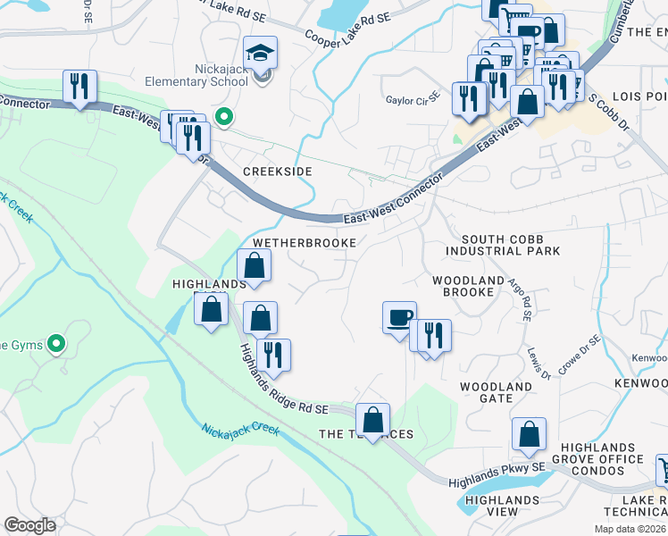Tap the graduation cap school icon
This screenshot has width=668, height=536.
click(261, 52)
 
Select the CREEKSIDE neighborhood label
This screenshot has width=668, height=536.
click(278, 171)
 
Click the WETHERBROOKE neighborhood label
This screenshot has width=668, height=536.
click(305, 243)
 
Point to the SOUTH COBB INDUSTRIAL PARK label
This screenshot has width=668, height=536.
click(511, 245)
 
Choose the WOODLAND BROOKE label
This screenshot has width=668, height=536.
click(468, 287)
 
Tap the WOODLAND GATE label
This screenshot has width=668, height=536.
click(496, 393)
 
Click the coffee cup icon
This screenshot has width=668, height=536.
click(399, 318)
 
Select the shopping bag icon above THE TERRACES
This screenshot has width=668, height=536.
click(372, 419)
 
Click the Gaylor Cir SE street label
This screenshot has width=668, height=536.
click(413, 99)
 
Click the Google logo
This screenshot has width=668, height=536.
click(29, 525)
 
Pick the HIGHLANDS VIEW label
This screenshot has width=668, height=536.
click(502, 506)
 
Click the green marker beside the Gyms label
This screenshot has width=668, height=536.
click(56, 343)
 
